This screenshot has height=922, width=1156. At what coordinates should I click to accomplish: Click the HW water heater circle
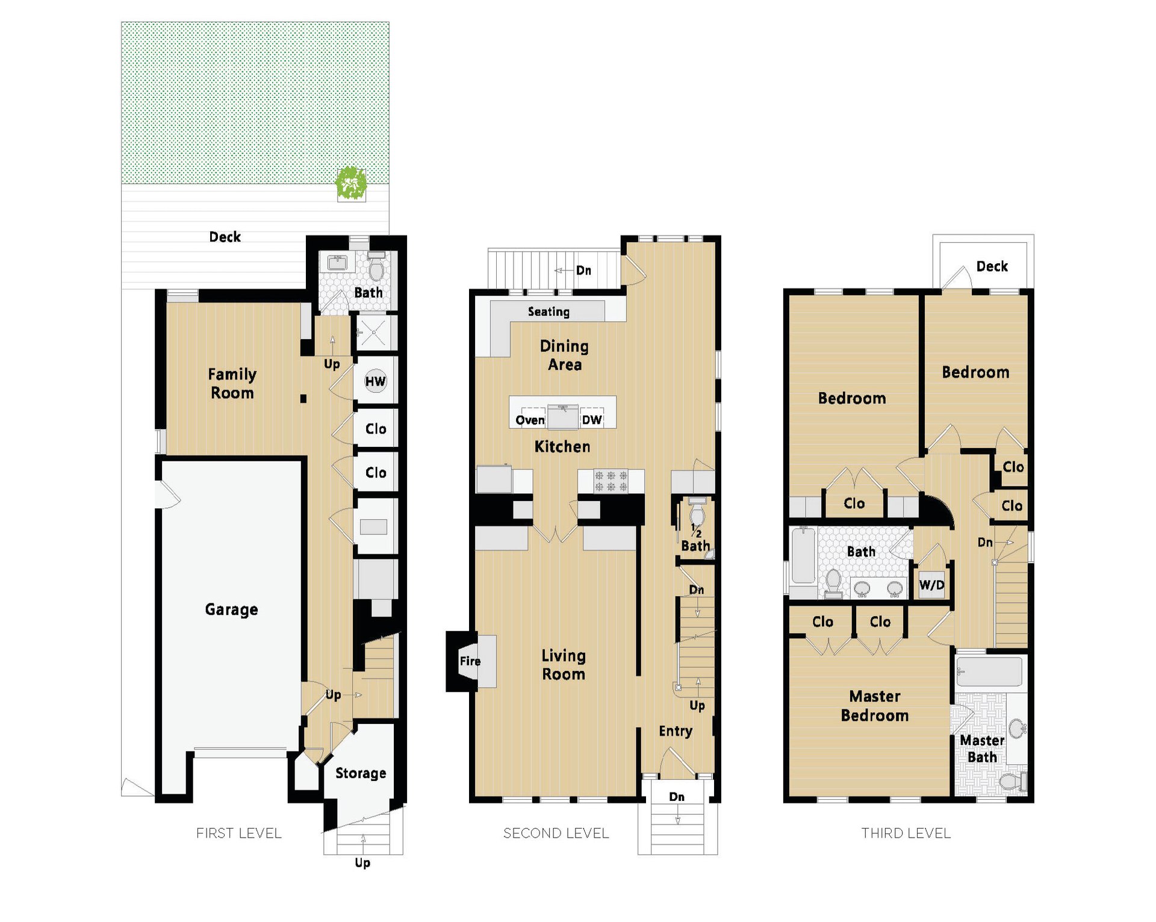(375, 381)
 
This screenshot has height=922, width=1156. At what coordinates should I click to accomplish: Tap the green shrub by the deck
(351, 183)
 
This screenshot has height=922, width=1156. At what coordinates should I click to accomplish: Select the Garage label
(231, 609)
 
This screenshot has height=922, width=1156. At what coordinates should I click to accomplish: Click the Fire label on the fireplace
(470, 661)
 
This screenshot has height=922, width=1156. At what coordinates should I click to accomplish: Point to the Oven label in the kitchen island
(530, 420)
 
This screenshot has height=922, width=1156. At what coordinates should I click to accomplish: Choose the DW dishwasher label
(592, 420)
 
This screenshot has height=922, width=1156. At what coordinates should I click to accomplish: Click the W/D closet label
(931, 585)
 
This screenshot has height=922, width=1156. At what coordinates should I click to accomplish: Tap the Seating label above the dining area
(548, 311)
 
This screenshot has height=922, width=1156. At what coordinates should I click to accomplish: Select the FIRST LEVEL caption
(239, 833)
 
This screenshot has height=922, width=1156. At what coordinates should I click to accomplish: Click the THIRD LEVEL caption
(906, 833)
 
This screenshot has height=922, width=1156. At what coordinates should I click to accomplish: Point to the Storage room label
(361, 773)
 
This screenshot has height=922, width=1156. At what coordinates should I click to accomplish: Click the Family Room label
(232, 383)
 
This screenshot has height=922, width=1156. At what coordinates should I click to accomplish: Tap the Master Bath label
(982, 749)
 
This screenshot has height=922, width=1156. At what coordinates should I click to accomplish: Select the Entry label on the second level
(676, 731)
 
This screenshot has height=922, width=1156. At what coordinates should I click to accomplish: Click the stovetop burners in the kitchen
(611, 481)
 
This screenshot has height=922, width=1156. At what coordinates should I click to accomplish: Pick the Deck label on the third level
(992, 266)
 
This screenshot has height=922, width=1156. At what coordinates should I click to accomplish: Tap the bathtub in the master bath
(989, 671)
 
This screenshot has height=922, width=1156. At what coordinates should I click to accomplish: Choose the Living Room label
(564, 665)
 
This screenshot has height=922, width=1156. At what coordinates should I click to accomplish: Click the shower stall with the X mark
(373, 332)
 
